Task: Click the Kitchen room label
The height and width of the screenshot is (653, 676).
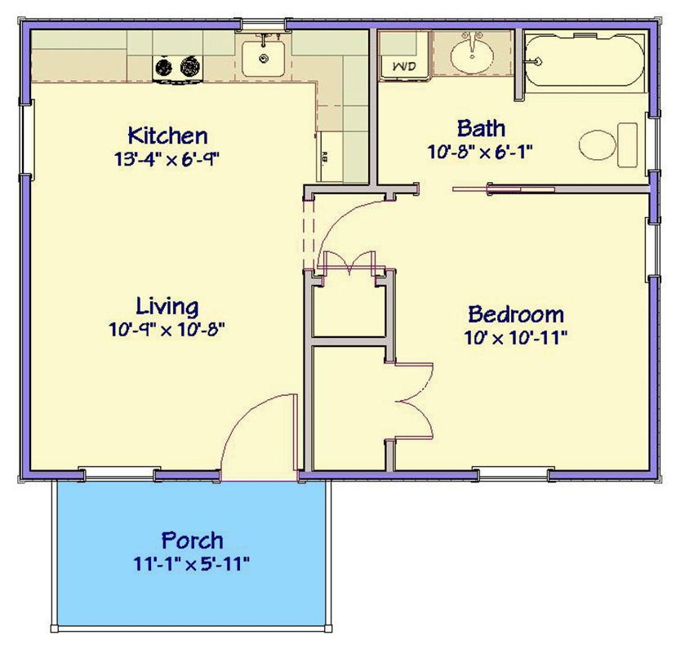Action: [167, 135]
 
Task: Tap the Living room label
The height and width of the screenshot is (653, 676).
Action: [167, 307]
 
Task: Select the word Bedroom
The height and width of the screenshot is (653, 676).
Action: [515, 313]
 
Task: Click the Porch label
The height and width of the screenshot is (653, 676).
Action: [192, 540]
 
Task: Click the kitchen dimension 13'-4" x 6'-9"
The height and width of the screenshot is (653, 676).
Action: [167, 158]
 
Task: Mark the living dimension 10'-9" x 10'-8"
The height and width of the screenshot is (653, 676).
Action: [167, 330]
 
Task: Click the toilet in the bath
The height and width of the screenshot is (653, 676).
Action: [608, 144]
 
